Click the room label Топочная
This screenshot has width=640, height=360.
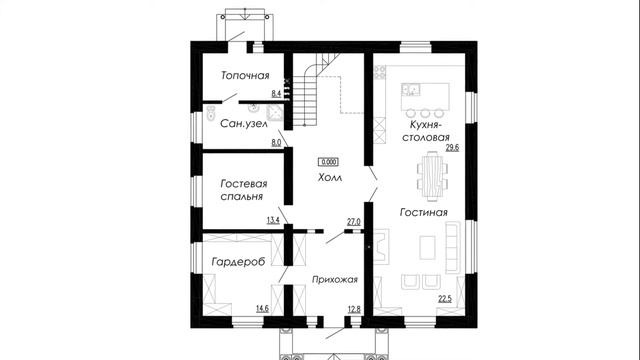246,76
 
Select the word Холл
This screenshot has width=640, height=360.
329,176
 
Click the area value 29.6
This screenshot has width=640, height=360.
451,148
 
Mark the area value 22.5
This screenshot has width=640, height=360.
445,297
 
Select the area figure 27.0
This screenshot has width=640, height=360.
352,221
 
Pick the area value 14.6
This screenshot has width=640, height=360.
262,309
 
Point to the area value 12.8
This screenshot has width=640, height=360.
352,309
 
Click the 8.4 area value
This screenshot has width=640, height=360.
276,93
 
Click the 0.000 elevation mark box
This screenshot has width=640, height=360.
328,160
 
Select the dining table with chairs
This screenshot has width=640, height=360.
432,174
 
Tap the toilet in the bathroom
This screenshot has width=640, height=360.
213,113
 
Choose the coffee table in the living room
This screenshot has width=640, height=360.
427,245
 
